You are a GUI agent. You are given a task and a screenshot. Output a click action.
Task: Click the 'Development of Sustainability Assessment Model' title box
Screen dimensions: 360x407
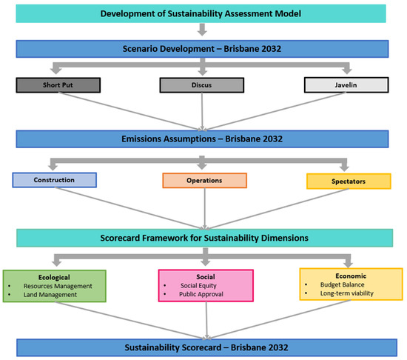click(x=201, y=13)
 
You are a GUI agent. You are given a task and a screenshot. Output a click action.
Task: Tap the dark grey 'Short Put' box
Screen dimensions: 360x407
click(x=55, y=84)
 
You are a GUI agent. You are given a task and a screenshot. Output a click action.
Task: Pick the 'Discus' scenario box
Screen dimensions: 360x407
click(x=202, y=84)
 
